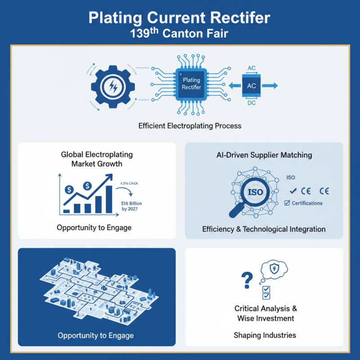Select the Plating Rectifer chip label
[191, 84]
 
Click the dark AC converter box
[252, 85]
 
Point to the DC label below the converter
[252, 103]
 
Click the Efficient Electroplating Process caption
[189, 126]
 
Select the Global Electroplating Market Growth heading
[97, 159]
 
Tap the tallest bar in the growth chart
[108, 198]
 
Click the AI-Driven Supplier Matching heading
[264, 155]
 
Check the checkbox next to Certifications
[287, 203]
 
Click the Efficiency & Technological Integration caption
[264, 229]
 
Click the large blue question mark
[246, 280]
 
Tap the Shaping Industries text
[265, 335]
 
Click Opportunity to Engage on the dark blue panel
[95, 336]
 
